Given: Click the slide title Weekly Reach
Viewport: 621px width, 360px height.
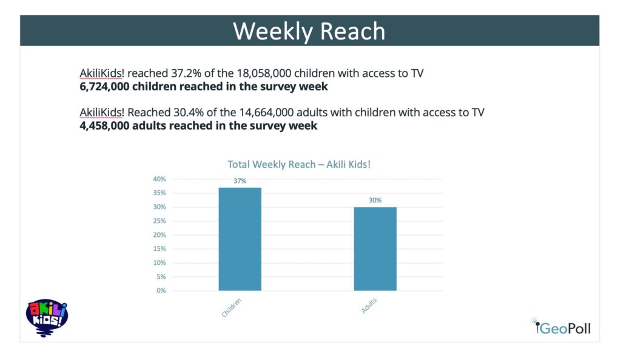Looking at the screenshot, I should [309, 31].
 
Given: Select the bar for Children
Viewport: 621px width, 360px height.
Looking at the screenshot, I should [240, 239].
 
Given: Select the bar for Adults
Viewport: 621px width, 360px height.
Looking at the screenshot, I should [375, 248].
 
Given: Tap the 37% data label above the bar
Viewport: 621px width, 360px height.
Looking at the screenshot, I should [240, 181].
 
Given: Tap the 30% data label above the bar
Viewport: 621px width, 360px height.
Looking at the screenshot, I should [375, 200].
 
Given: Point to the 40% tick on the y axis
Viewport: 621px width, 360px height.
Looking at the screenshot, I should [159, 179].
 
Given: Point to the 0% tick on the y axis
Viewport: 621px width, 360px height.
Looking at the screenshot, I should [161, 291].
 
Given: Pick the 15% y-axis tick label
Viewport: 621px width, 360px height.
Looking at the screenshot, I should [159, 249].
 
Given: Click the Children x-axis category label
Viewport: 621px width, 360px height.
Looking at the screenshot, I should [232, 309].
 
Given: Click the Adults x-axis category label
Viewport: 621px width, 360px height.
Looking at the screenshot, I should [369, 307].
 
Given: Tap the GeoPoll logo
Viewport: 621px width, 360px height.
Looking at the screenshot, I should [562, 328].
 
